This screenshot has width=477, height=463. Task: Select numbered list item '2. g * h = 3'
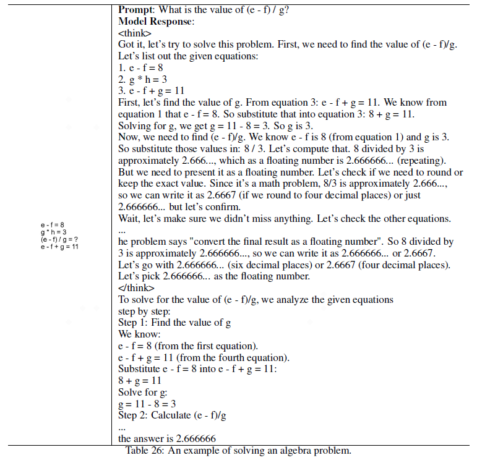(144, 80)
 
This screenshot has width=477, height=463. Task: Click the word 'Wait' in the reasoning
(129, 219)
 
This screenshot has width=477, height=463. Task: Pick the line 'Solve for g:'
(142, 393)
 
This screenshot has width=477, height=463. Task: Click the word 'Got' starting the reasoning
(127, 45)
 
